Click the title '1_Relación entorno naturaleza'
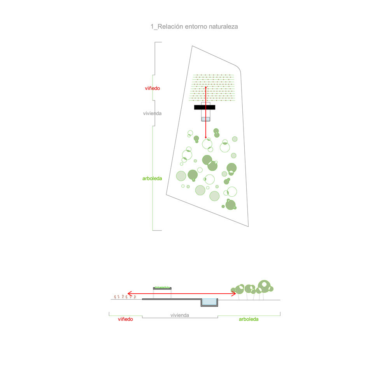pyautogui.click(x=194, y=26)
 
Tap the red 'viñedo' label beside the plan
pyautogui.click(x=152, y=88)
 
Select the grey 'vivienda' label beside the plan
pyautogui.click(x=152, y=113)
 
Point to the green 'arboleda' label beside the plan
pyautogui.click(x=152, y=178)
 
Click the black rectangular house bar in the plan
pyautogui.click(x=205, y=108)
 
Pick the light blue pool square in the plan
pyautogui.click(x=206, y=119)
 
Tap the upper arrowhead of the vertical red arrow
pyautogui.click(x=206, y=88)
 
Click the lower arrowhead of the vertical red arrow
pyautogui.click(x=206, y=137)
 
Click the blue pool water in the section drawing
pyautogui.click(x=209, y=301)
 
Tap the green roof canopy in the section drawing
pyautogui.click(x=162, y=288)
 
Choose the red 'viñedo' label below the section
pyautogui.click(x=125, y=319)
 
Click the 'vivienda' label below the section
pyautogui.click(x=180, y=316)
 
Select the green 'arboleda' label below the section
pyautogui.click(x=249, y=319)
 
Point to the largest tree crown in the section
pyautogui.click(x=264, y=286)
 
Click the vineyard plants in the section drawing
pyautogui.click(x=125, y=296)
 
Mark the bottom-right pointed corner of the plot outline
pyautogui.click(x=248, y=226)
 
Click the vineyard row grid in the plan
pyautogui.click(x=212, y=88)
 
